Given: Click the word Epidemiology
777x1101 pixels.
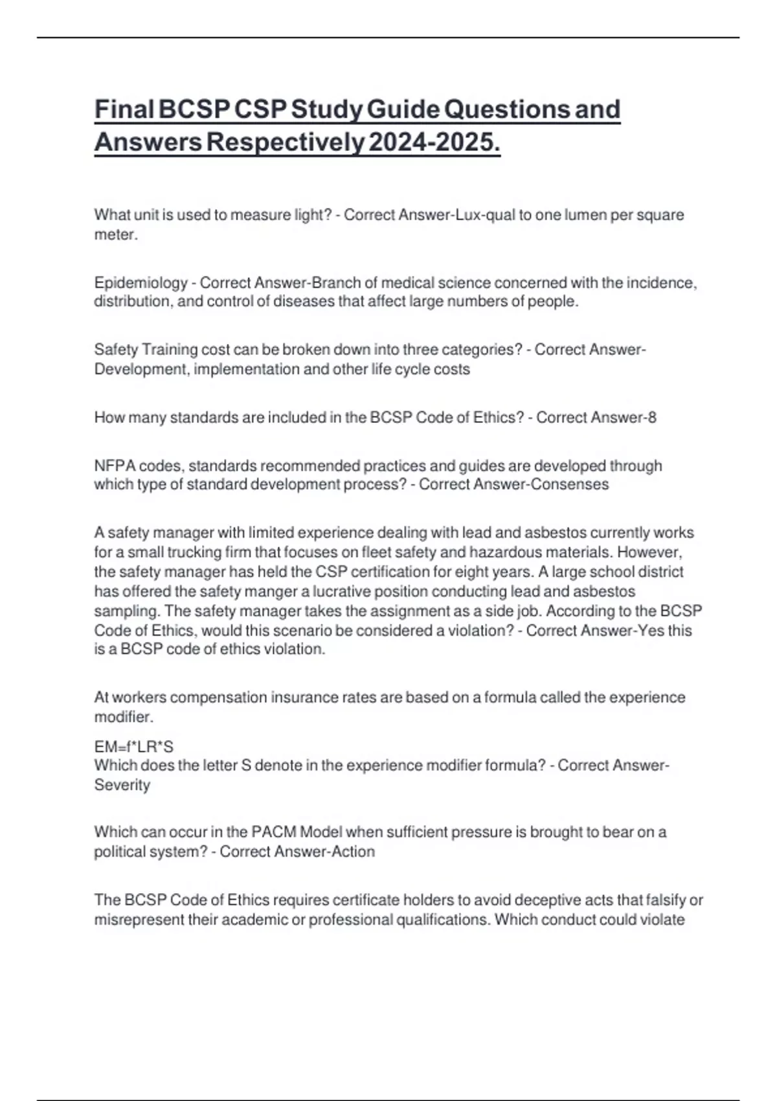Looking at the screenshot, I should (x=141, y=283).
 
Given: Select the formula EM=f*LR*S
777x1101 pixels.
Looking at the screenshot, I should (x=134, y=747).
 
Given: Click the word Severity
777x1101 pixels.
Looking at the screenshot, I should (x=122, y=785).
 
